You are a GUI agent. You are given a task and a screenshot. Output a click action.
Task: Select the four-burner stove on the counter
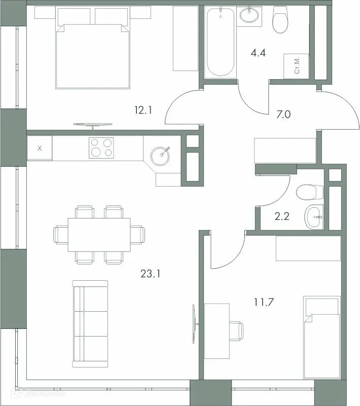(x=100, y=148)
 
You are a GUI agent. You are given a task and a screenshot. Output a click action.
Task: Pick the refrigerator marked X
(x=40, y=149)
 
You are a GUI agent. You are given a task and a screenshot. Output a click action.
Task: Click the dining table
(x=99, y=234)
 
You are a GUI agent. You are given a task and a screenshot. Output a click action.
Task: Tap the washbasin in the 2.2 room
(x=314, y=217)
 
